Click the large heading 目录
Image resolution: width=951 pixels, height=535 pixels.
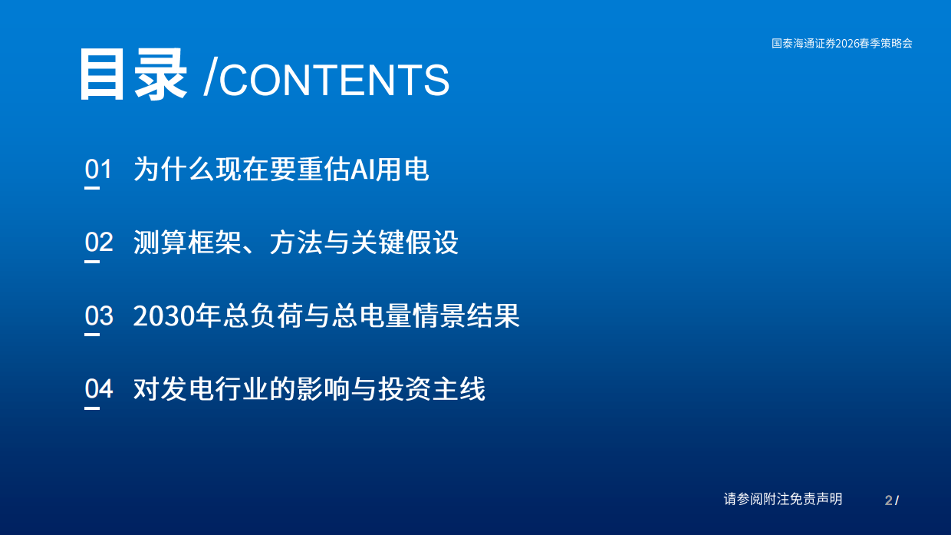click(133, 75)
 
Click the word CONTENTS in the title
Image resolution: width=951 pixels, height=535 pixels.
click(334, 80)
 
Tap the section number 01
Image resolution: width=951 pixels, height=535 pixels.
click(98, 169)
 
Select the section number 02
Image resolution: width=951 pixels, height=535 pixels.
click(98, 243)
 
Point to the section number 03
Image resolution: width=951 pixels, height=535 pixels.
click(98, 315)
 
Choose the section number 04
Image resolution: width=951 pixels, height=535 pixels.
click(98, 389)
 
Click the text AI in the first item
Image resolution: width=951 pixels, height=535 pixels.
click(361, 170)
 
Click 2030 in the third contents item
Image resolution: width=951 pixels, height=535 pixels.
click(165, 316)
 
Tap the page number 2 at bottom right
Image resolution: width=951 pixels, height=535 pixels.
click(888, 500)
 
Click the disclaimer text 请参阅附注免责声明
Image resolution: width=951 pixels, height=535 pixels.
click(782, 499)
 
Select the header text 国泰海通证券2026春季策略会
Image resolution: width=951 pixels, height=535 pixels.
click(841, 44)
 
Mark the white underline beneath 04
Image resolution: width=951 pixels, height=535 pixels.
click(92, 408)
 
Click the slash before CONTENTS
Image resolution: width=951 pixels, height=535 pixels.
click(209, 80)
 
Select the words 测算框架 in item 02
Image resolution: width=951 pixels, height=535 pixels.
click(189, 243)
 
